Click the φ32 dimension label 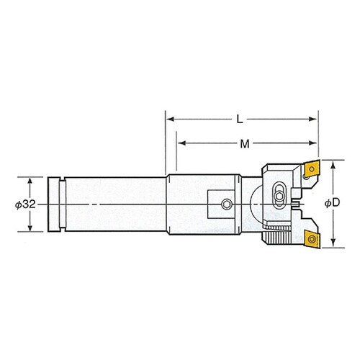(25, 204)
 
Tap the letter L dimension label (240, 120)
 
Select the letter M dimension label (245, 144)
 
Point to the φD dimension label (333, 203)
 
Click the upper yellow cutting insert (311, 169)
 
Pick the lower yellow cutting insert (312, 238)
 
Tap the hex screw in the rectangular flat (226, 204)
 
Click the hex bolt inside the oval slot (279, 197)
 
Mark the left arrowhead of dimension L (170, 119)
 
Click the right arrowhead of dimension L (313, 119)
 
